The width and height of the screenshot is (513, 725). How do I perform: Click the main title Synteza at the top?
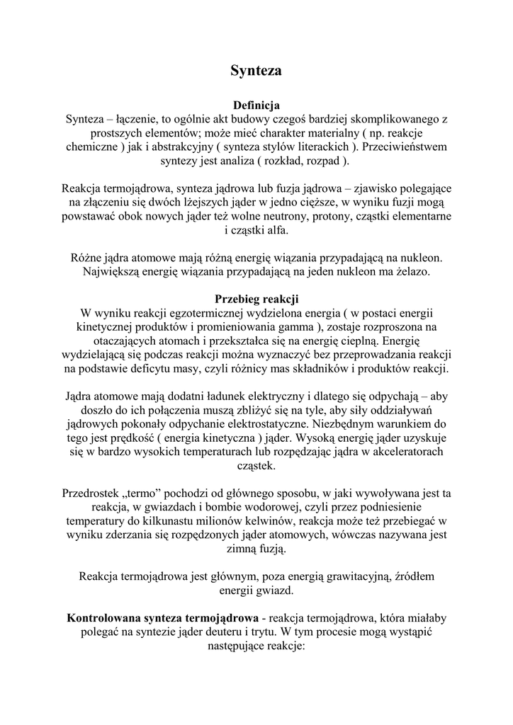[x=256, y=71]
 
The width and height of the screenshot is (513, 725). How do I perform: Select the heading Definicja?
[x=256, y=105]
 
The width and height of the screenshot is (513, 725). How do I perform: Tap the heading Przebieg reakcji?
[x=256, y=299]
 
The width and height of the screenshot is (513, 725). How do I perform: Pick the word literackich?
[x=309, y=147]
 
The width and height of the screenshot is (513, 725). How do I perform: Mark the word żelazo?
[x=410, y=272]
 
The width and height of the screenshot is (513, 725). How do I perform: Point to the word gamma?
[x=298, y=326]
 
